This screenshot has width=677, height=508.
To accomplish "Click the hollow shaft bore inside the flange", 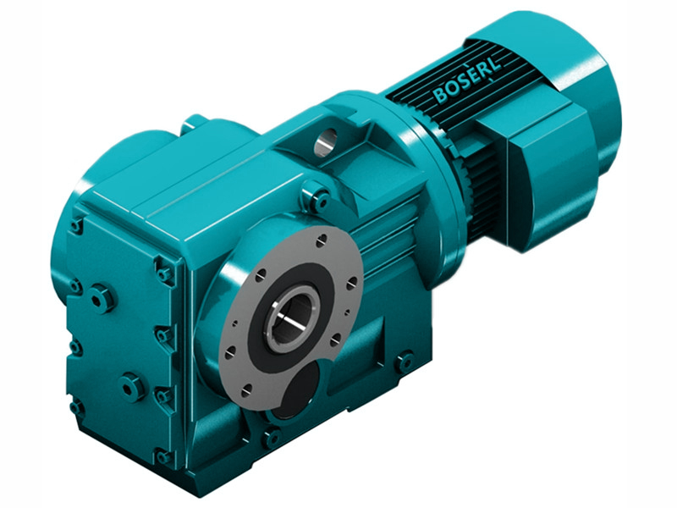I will click(291, 316).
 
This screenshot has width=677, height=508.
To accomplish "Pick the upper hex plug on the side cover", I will click(101, 298).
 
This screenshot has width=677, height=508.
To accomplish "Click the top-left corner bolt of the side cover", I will click(77, 225).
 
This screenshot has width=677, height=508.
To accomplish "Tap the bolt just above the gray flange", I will click(319, 201).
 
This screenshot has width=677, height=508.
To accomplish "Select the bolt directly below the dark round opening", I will click(272, 438).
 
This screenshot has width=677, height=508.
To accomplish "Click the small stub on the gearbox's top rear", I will click(194, 124).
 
